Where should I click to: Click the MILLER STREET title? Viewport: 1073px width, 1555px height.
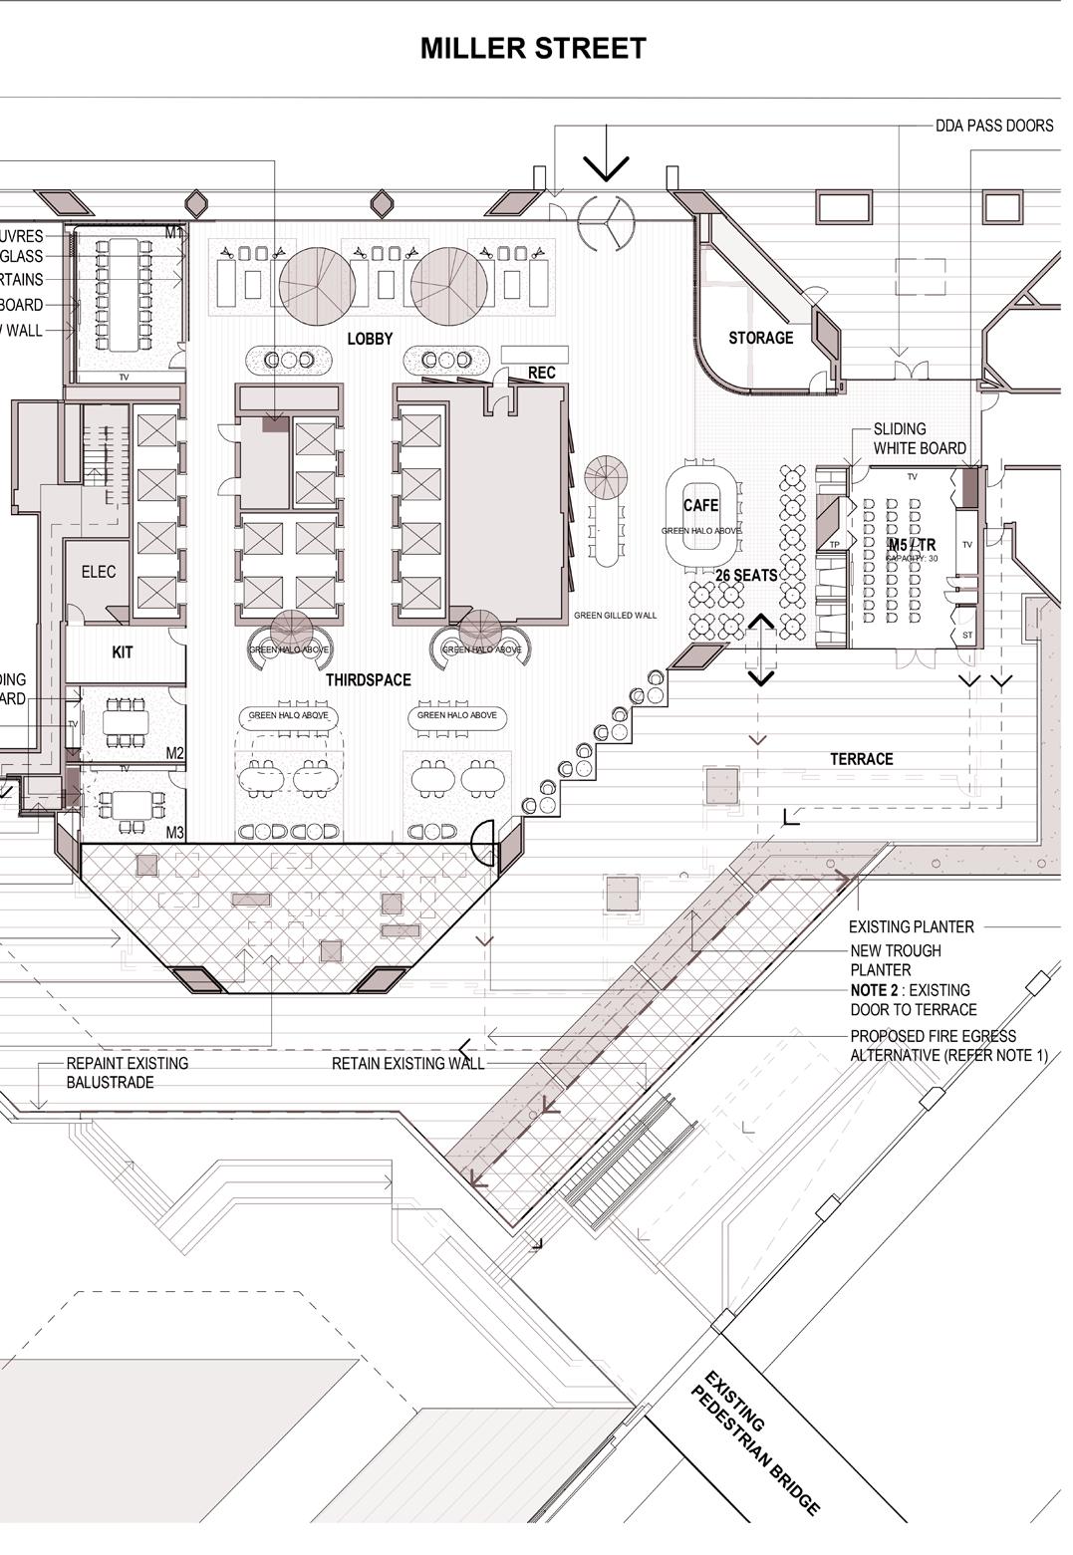[533, 48]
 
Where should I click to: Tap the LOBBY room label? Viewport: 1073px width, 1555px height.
[370, 339]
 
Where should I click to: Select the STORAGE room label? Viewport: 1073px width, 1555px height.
[760, 338]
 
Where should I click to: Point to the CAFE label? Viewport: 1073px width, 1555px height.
[700, 505]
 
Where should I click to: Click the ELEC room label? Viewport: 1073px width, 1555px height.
[99, 572]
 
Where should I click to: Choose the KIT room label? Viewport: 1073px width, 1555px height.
[123, 652]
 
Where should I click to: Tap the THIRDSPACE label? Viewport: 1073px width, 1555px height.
[368, 680]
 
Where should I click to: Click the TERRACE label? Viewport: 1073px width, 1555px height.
[861, 759]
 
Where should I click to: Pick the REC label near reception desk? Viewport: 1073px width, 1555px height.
[541, 373]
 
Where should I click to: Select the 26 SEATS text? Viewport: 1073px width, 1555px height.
[746, 576]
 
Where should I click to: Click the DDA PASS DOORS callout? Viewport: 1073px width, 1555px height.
[993, 126]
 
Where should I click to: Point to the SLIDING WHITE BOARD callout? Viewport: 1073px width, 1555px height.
[919, 438]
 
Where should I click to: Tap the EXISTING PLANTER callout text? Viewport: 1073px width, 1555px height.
[911, 926]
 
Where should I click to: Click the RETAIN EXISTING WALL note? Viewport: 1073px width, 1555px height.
[407, 1064]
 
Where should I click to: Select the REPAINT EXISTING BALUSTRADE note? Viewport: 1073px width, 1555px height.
[127, 1073]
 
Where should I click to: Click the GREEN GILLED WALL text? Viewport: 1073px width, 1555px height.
[615, 616]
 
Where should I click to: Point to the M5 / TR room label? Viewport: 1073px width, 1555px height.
[912, 546]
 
